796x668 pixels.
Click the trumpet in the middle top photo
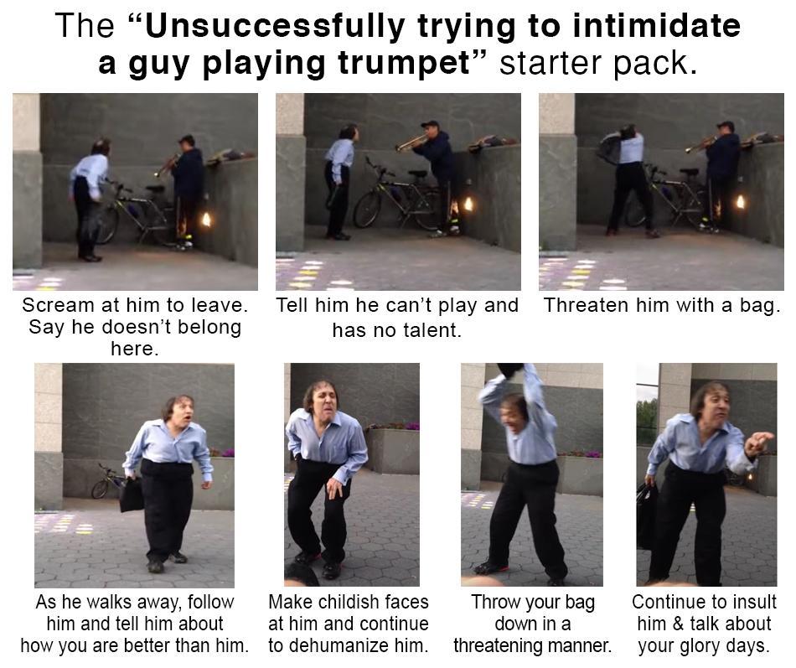pos(411,143)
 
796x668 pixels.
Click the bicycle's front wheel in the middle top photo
pos(367,209)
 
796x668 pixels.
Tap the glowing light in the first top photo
pos(205,220)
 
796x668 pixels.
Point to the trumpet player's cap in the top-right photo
pos(726,126)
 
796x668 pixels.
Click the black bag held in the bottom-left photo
pos(131,495)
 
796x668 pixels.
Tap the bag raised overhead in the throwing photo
pos(510,370)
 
